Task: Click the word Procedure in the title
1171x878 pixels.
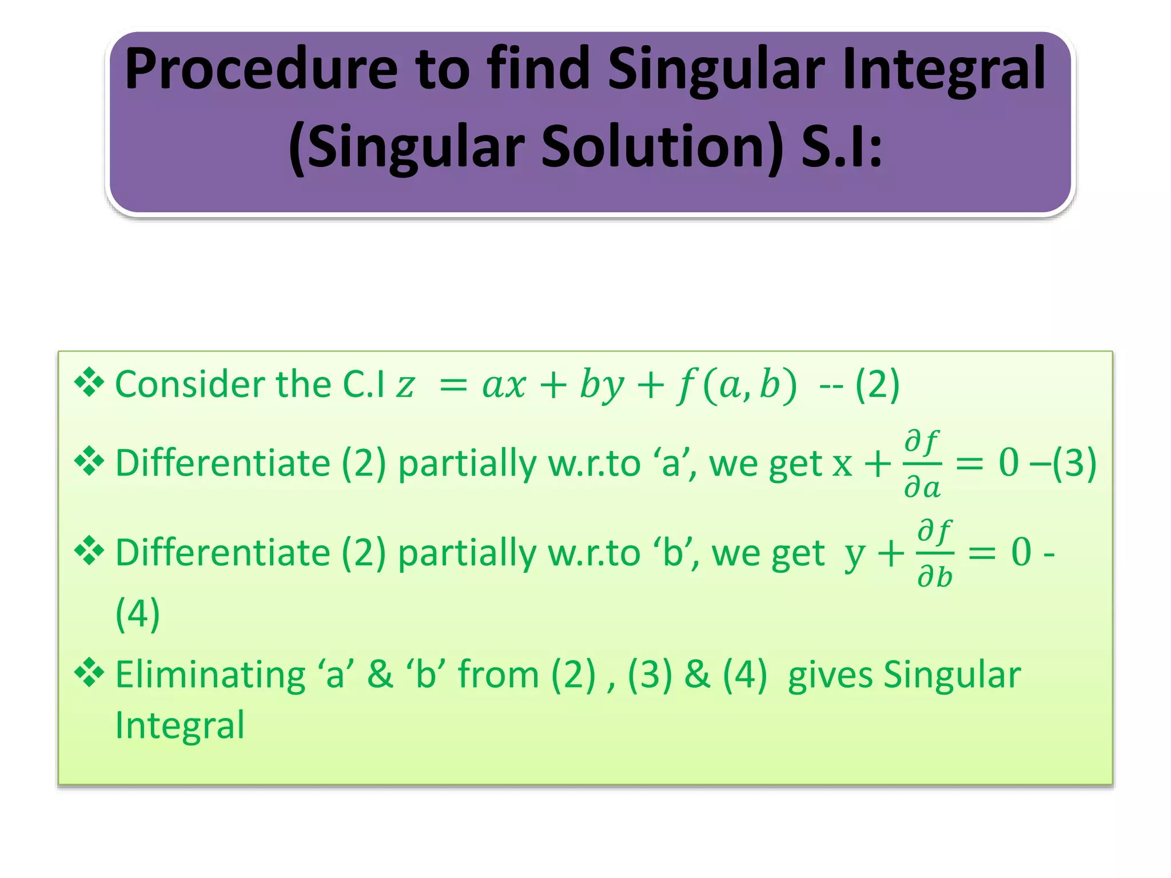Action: pos(261,70)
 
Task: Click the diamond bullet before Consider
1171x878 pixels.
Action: pos(89,382)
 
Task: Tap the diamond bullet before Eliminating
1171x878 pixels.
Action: pos(89,673)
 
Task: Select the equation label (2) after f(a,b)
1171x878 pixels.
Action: pos(877,384)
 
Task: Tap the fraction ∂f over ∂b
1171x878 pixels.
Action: pos(934,553)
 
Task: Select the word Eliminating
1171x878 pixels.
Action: pos(210,674)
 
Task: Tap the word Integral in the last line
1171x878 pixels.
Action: pos(180,724)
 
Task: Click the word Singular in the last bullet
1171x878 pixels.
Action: pos(951,674)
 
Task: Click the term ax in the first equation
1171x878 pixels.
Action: pos(503,385)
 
